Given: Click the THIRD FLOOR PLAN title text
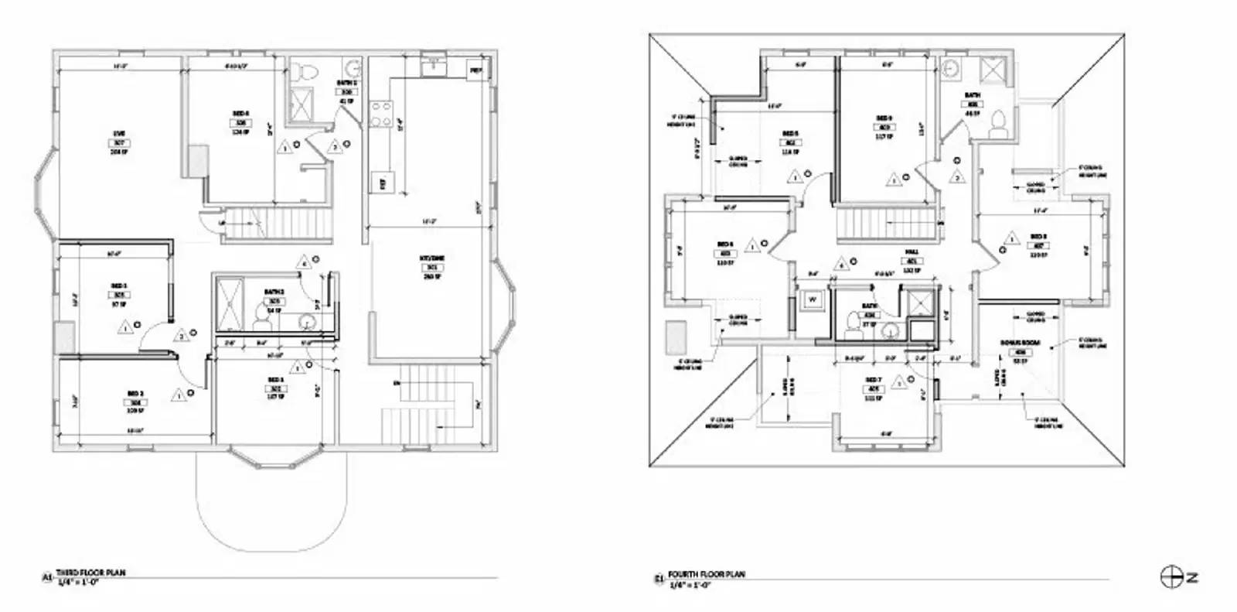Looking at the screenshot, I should (90, 573).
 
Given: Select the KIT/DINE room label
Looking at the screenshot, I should (432, 259).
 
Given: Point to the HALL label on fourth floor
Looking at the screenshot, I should (912, 251).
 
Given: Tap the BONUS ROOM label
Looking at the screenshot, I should (1020, 342).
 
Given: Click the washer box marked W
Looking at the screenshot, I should (813, 299).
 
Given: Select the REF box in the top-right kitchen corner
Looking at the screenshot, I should (475, 71).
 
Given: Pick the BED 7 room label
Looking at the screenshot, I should (874, 380).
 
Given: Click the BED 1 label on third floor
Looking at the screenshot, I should (118, 285).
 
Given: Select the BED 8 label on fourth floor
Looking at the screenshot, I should (1038, 237).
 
